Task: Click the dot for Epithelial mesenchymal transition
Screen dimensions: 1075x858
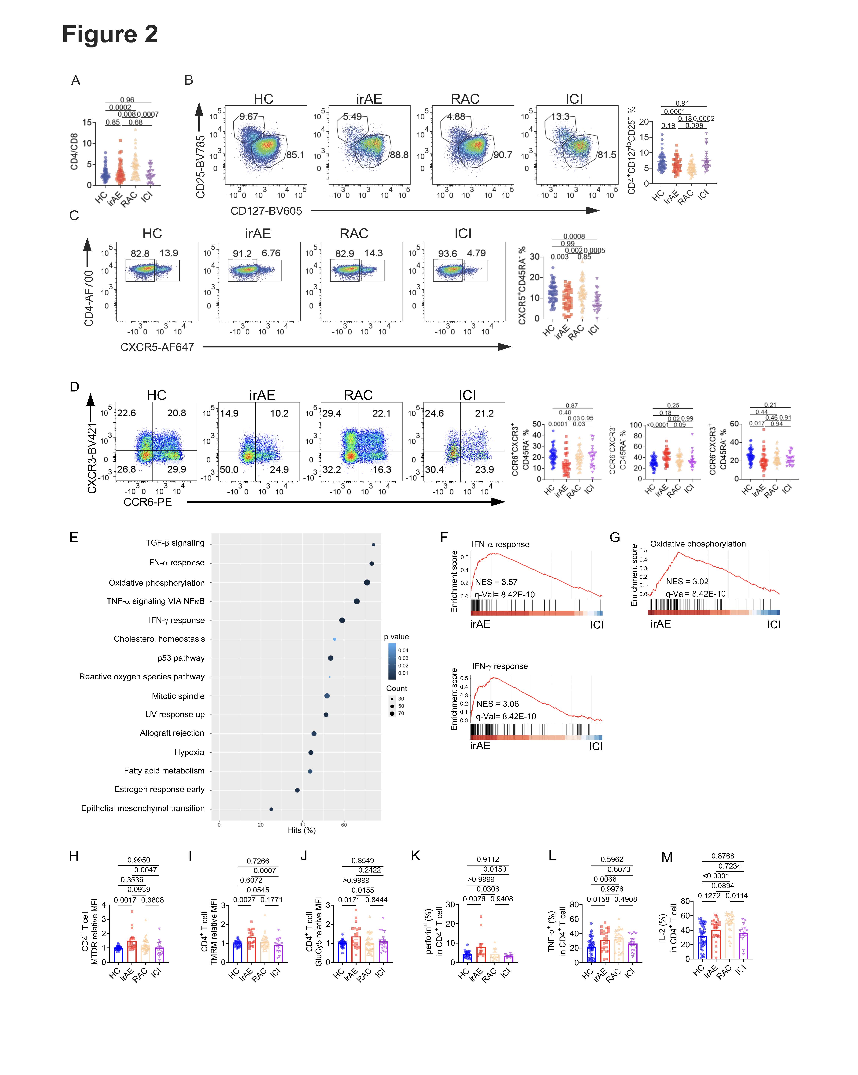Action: click(x=271, y=809)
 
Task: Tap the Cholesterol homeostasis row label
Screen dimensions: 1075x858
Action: click(x=159, y=639)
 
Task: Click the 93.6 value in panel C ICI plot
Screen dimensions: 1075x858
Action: click(x=447, y=253)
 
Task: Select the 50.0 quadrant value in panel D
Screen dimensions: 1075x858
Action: click(x=229, y=469)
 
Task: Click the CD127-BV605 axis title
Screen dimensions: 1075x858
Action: click(x=266, y=211)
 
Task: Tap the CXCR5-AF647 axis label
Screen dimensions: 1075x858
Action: click(x=157, y=347)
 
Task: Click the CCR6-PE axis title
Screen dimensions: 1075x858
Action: click(x=148, y=502)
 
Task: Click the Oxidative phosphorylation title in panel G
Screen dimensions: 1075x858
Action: click(x=698, y=543)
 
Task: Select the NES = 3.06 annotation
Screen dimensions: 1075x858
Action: click(x=497, y=703)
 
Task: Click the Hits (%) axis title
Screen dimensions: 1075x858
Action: click(x=302, y=830)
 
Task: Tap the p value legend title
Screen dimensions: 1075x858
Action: click(x=396, y=637)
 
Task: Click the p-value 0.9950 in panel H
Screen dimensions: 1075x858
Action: click(x=139, y=860)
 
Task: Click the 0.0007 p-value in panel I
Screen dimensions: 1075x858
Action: click(x=265, y=871)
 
